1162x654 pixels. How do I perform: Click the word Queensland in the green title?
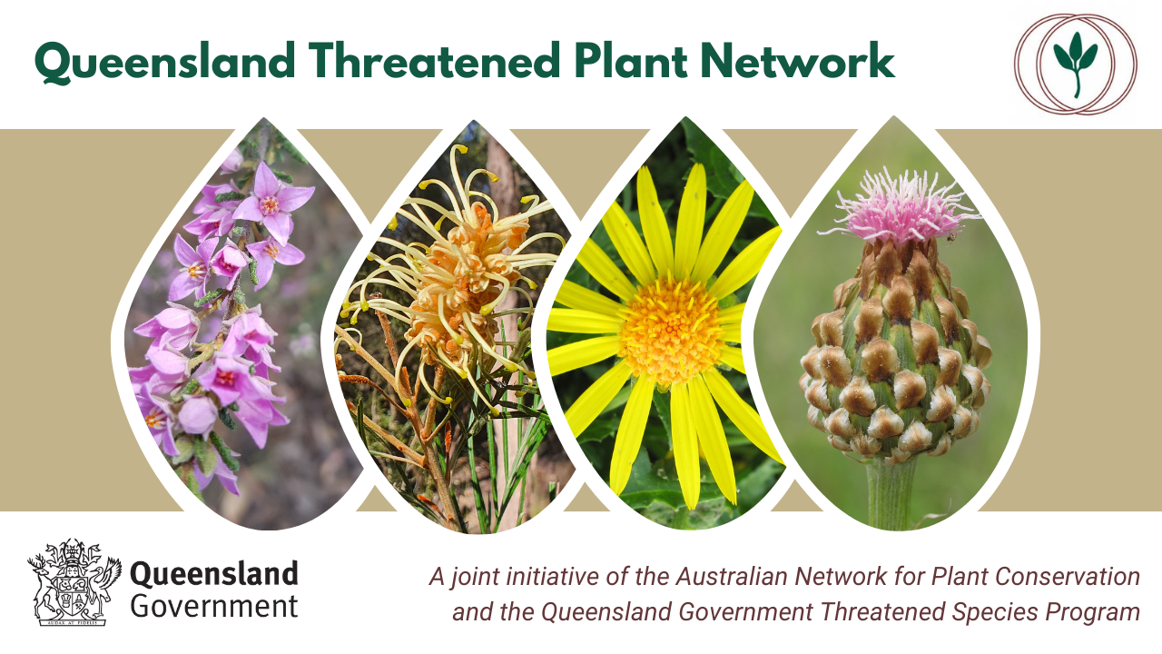coord(165,62)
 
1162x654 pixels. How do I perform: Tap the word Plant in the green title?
coord(631,61)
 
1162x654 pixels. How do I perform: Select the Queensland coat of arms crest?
coord(74,582)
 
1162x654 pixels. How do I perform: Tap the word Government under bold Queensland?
coord(214,606)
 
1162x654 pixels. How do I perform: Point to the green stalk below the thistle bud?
coord(891,493)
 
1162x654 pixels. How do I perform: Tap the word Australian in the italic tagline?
coord(732,576)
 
